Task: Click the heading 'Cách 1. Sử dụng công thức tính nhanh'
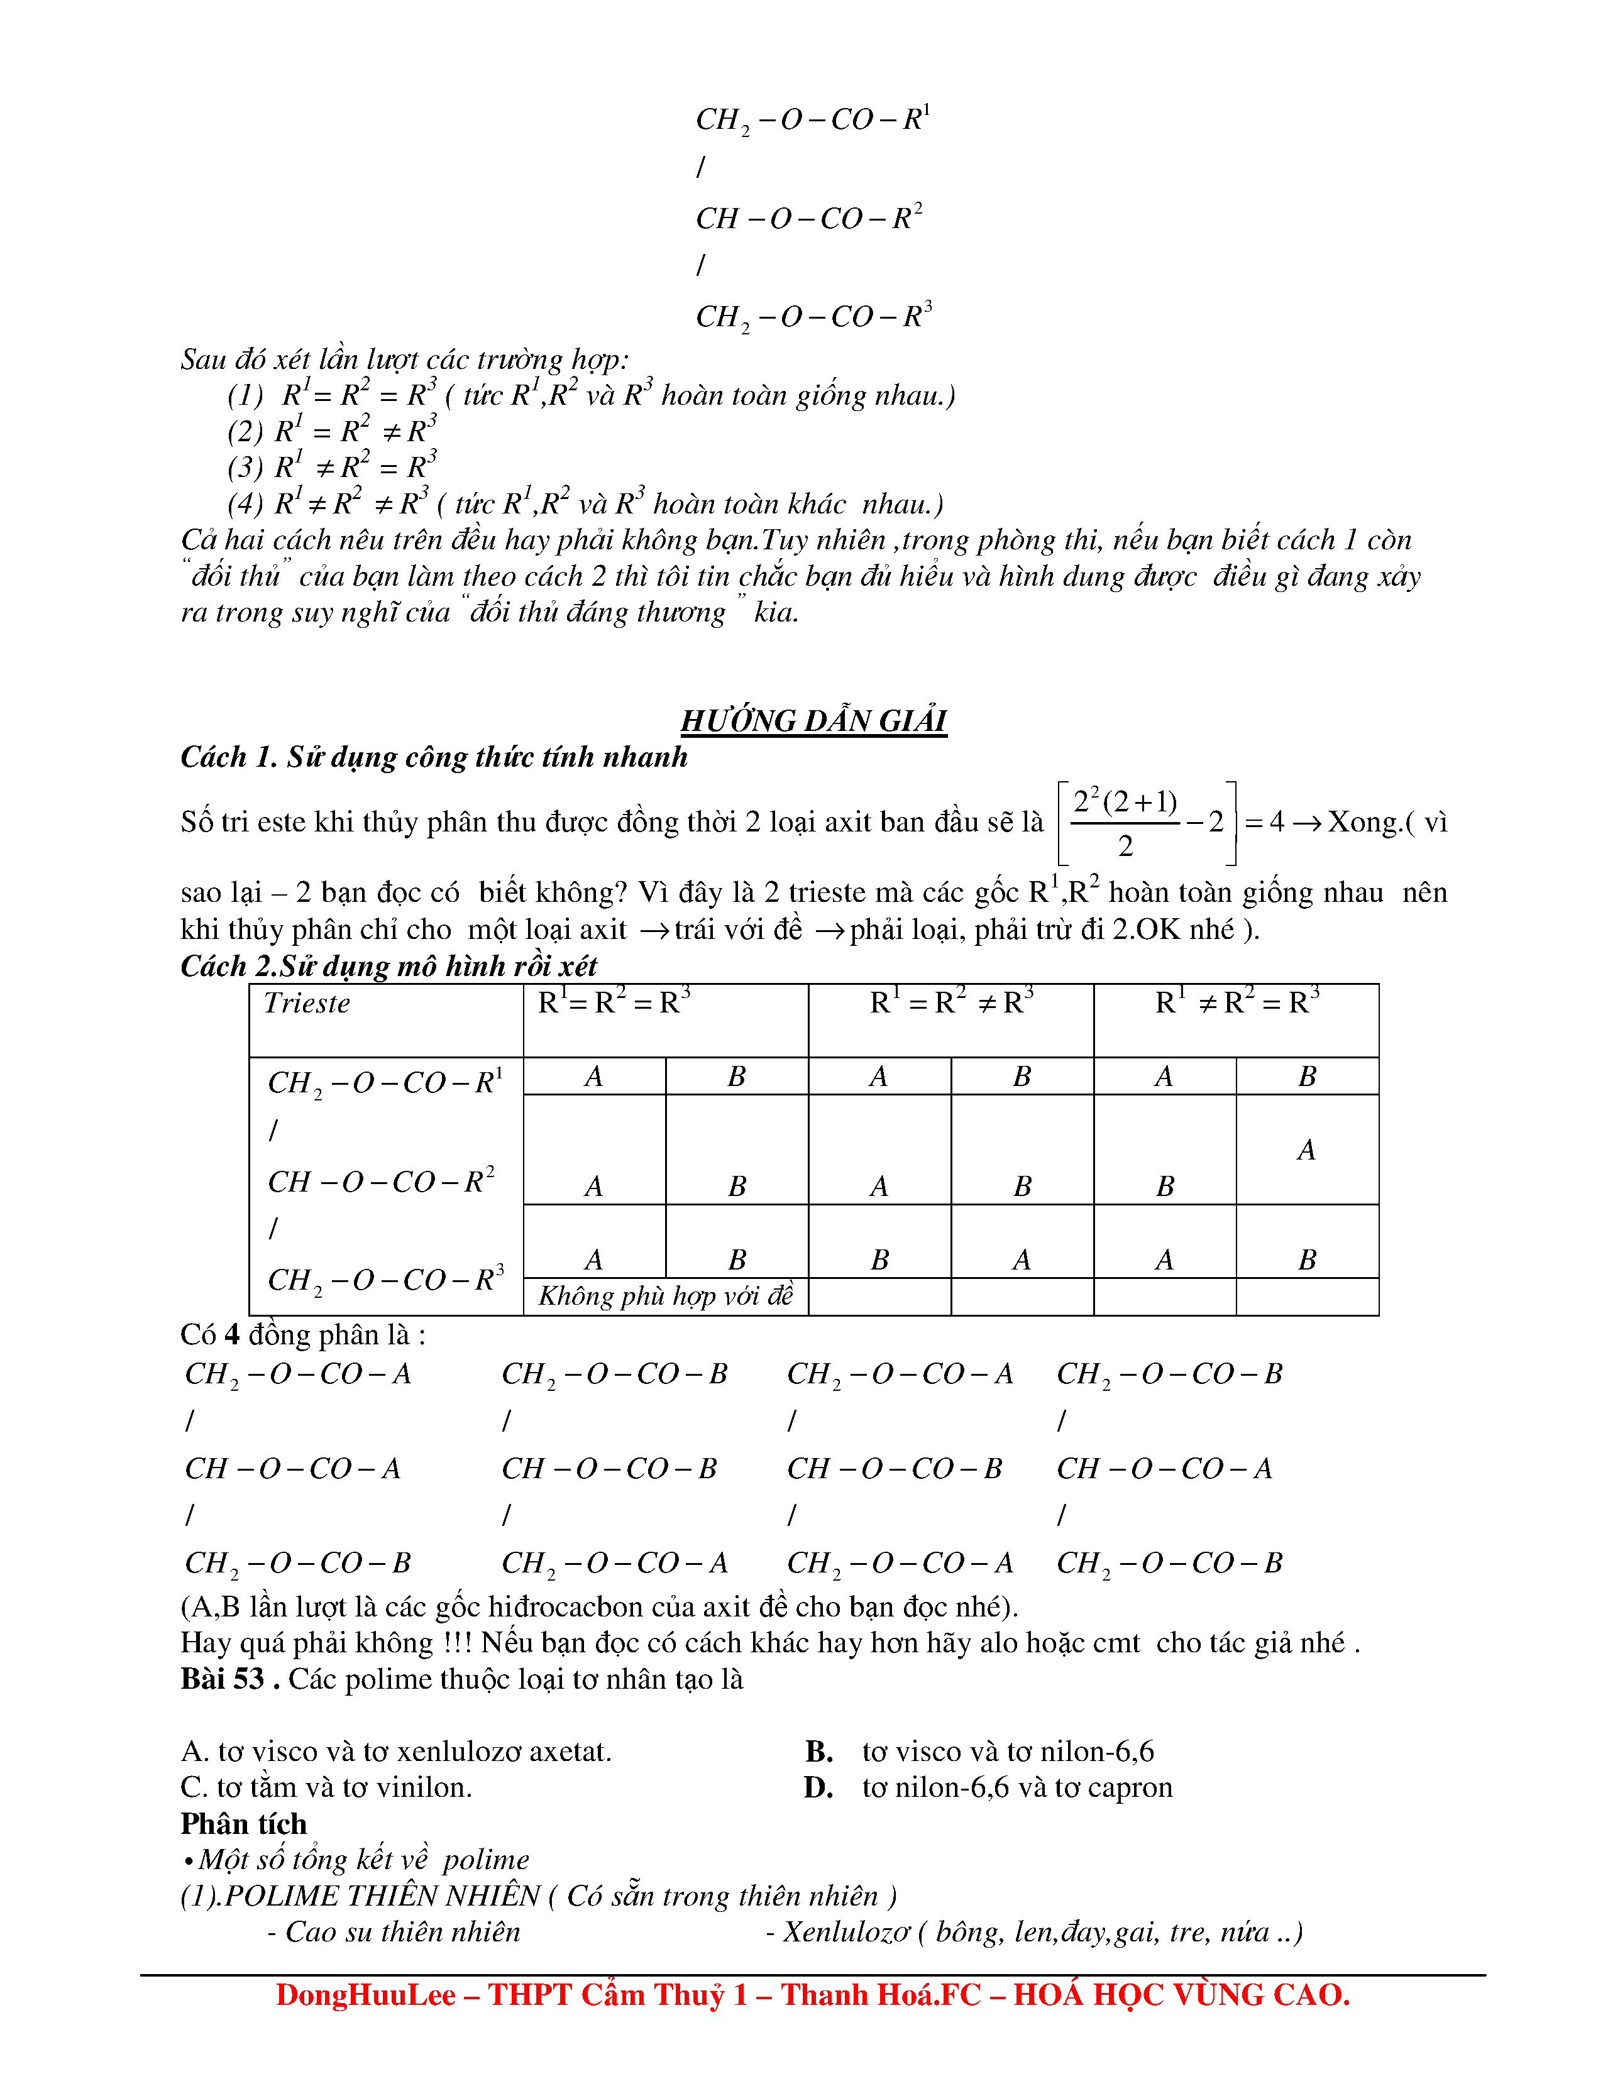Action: click(433, 757)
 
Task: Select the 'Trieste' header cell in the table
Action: click(307, 1003)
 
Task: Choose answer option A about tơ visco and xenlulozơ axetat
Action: click(396, 1751)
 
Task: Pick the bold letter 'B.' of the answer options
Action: click(818, 1751)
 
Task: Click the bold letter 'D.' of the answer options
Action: click(818, 1787)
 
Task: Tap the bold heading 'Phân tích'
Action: click(243, 1824)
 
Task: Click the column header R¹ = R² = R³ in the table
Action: click(614, 1002)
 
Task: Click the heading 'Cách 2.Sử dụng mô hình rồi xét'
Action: click(388, 966)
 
